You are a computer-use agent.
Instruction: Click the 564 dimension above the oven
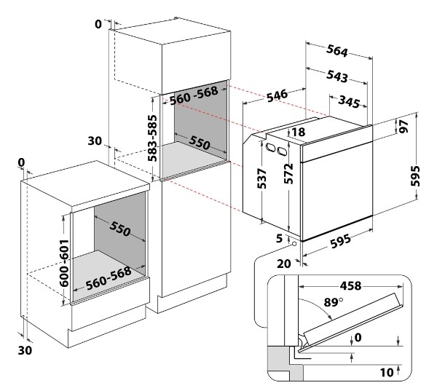pos(336,51)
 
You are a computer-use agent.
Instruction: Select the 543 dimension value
pos(336,76)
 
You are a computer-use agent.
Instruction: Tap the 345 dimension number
pos(349,101)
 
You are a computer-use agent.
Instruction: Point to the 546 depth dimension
pos(278,95)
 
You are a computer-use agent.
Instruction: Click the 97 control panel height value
pos(404,126)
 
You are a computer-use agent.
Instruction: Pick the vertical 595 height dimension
pos(416,175)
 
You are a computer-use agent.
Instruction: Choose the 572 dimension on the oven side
pos(288,173)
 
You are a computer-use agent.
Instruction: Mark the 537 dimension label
pos(262,178)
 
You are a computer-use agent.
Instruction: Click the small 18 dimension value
pos(299,132)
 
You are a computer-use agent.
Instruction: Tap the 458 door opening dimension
pos(350,286)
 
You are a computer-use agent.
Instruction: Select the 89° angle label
pos(334,302)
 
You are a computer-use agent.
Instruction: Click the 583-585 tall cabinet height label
pos(153,138)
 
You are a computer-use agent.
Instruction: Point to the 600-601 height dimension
pos(65,263)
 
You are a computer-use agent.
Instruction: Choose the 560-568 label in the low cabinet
pos(109,278)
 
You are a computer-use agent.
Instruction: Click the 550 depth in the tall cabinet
pos(200,143)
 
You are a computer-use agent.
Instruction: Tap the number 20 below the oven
pos(284,264)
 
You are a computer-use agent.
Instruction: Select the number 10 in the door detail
pos(387,372)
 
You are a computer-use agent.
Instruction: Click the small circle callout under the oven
pos(294,243)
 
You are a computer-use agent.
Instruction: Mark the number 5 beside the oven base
pos(279,239)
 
